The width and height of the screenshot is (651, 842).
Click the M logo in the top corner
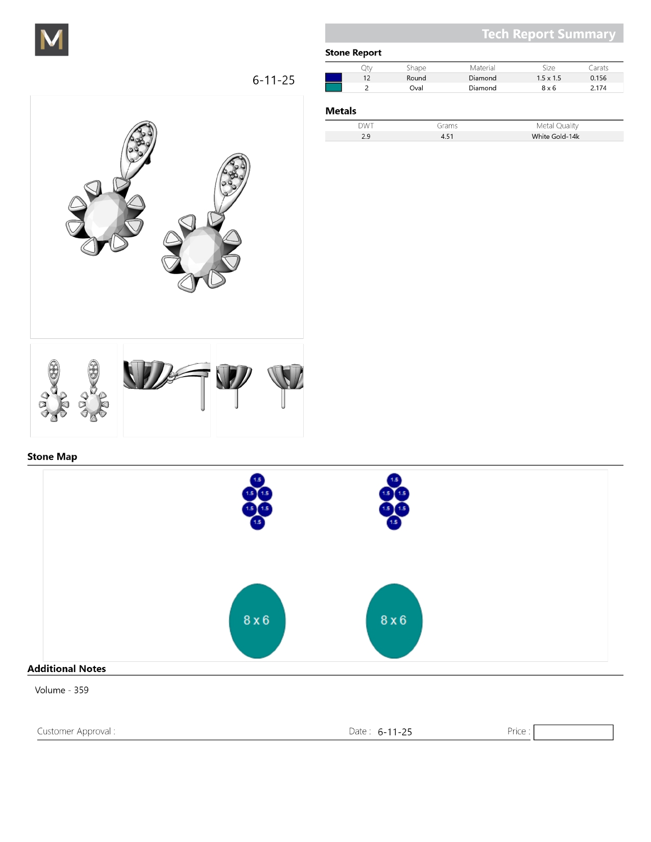pos(52,39)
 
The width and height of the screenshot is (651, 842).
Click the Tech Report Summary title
pos(548,34)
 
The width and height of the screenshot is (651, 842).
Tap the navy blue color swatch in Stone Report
pos(333,78)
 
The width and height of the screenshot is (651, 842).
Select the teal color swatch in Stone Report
pos(333,88)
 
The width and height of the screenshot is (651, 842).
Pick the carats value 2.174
pos(598,88)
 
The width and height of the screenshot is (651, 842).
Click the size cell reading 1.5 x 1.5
pos(549,78)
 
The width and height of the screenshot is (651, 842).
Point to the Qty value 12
pos(367,78)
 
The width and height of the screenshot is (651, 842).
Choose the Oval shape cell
pos(416,88)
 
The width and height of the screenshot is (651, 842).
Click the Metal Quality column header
pos(557,126)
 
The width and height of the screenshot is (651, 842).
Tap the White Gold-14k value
pos(555,136)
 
